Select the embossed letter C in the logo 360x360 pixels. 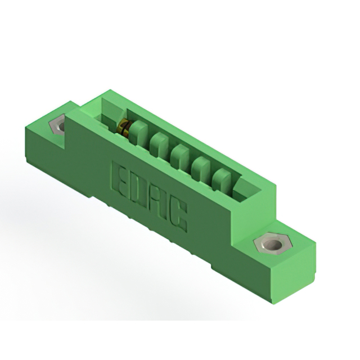177,214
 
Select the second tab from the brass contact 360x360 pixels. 158,145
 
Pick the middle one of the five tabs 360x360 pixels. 179,156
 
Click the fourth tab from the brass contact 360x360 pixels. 200,168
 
